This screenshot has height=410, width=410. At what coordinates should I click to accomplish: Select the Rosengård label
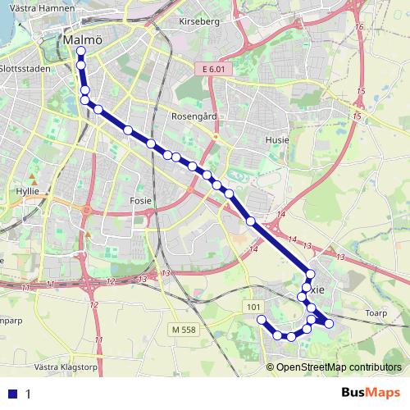(194, 116)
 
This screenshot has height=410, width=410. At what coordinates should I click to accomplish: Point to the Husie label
(277, 140)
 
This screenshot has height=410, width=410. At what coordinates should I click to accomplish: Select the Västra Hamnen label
(39, 7)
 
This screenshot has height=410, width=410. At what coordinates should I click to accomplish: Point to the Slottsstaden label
(25, 69)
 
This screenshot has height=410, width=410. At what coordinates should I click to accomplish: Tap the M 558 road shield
(186, 329)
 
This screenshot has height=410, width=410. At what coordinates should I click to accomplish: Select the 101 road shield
(253, 307)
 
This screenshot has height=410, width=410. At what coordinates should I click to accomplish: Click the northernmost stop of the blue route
(80, 51)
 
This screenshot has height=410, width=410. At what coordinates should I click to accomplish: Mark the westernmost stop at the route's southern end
(262, 319)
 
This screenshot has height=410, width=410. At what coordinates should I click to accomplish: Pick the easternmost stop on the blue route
(330, 324)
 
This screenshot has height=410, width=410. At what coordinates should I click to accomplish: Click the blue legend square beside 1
(13, 394)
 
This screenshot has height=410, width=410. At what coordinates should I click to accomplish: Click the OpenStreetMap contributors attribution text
(338, 367)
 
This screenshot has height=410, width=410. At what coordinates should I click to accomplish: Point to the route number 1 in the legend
(28, 394)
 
